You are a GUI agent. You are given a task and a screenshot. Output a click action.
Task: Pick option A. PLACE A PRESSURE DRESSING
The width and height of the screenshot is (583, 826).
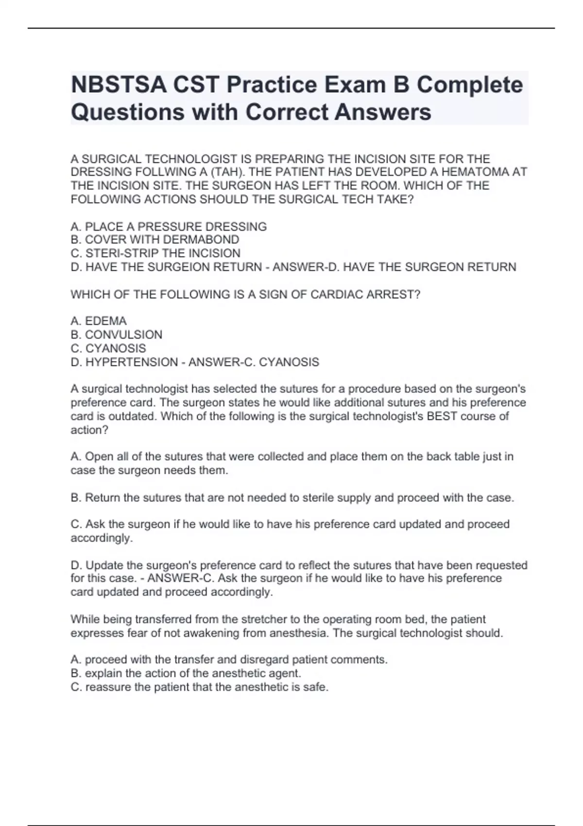(x=169, y=226)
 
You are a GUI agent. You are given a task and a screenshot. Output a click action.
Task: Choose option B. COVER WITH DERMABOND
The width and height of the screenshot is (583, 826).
(x=155, y=240)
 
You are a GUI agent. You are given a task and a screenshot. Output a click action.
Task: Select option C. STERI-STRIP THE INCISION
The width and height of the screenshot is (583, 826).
(x=155, y=253)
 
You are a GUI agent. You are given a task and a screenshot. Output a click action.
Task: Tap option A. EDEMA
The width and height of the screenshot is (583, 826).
(x=99, y=321)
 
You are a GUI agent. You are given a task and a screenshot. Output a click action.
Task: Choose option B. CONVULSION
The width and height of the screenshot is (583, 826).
(x=117, y=335)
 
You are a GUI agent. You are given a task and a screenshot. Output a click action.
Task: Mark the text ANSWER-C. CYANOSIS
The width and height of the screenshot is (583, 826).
(x=254, y=362)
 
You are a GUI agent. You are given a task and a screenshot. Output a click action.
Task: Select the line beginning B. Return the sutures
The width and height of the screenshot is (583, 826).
(x=292, y=498)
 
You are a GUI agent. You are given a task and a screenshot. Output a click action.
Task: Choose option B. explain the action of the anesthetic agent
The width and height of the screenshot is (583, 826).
(x=186, y=673)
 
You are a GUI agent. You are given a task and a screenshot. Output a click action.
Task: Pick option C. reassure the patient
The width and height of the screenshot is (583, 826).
(x=200, y=687)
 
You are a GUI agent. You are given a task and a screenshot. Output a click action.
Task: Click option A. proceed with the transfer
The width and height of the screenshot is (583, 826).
(x=229, y=660)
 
